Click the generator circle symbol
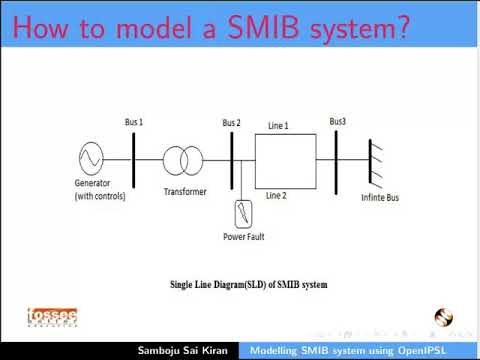pos(91,158)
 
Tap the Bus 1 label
pos(133,122)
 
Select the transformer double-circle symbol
pos(180,158)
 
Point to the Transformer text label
pos(184,190)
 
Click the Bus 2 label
pos(231,123)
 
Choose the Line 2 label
pos(276,196)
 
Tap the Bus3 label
pos(338,122)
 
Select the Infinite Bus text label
pos(379,198)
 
